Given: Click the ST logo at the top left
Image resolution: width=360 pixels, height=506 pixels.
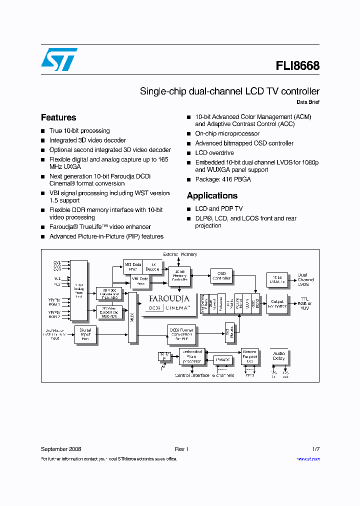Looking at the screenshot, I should coord(59,59).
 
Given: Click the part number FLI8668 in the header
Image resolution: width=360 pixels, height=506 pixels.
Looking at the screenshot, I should coord(297,65).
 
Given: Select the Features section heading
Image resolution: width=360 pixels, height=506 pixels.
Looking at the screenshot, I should coord(58,117).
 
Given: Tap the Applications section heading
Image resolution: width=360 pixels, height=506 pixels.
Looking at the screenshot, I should coord(212,195).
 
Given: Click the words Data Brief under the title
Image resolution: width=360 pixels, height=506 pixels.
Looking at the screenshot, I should coord(307,102).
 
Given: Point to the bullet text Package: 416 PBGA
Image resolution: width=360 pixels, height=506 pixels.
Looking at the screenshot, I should coord(223,179).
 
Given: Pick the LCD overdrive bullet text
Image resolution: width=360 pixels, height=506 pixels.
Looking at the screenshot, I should coord(214,152).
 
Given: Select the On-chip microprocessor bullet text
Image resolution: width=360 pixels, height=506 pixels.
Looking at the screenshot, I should coord(227,133).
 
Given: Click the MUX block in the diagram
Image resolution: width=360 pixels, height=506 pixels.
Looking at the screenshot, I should coord(132,317).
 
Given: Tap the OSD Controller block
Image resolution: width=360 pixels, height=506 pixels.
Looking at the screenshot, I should coord(221,276).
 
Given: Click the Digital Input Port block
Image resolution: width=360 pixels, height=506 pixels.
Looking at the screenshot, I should coord(85,333).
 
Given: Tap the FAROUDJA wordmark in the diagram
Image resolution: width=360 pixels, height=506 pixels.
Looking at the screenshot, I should coord(169,299).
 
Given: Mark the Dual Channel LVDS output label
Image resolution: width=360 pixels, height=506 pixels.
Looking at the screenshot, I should coord(306,279).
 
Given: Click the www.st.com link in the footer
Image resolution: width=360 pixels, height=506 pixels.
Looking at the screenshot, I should coord(308,459).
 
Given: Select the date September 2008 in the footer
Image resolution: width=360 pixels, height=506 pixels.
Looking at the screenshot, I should coord(61,449).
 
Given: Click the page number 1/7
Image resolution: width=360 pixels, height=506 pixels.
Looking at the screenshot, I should coord(315,449).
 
